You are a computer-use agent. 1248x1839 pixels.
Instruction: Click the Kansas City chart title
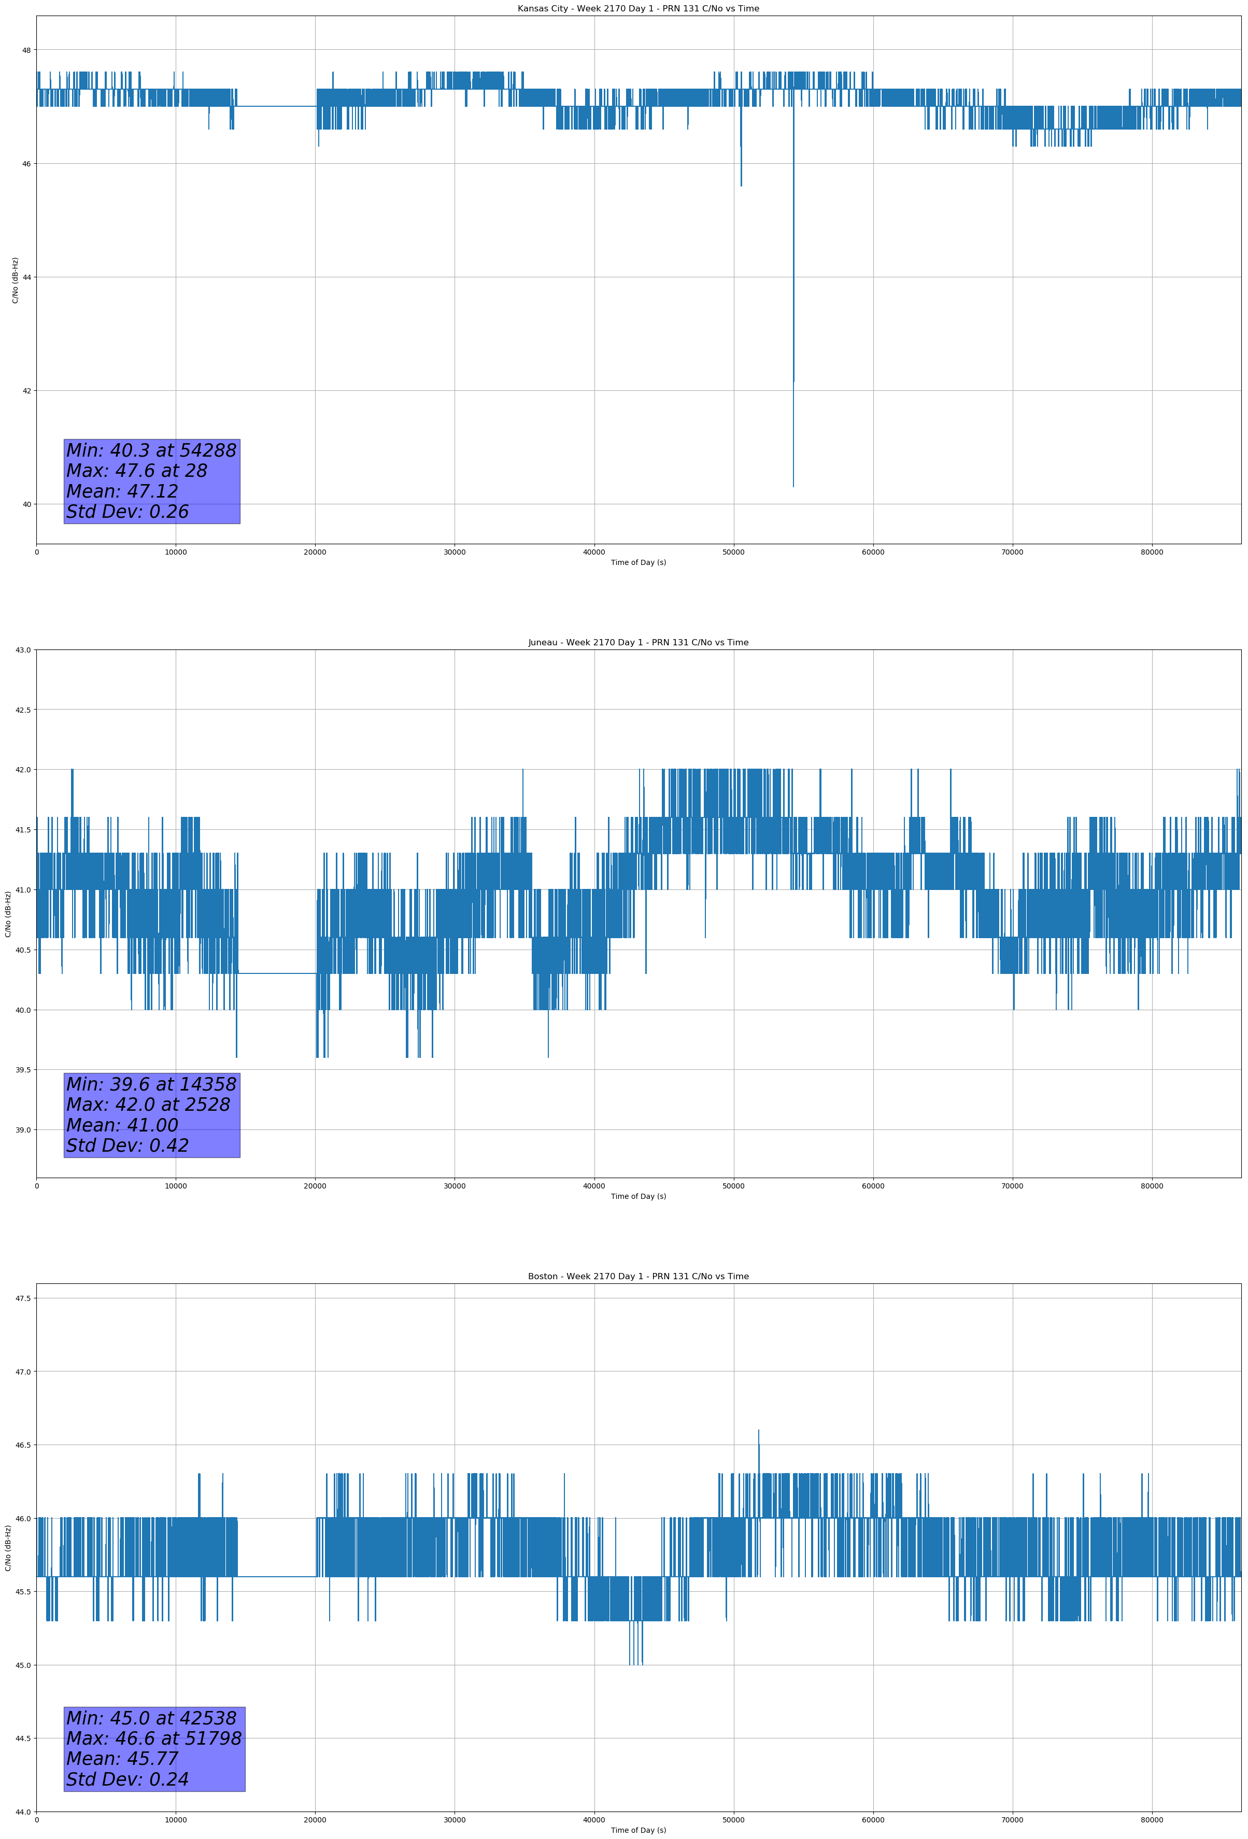tap(638, 9)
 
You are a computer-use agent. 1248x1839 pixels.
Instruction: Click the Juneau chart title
tap(638, 643)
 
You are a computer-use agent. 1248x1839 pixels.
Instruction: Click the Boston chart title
tap(638, 1277)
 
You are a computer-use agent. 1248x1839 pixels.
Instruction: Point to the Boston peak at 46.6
tap(758, 1431)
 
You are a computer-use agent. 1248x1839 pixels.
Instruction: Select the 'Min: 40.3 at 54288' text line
tap(151, 450)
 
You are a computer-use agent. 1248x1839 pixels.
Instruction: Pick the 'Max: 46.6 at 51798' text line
tap(153, 1738)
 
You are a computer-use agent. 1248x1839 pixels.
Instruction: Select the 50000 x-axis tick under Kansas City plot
tap(733, 553)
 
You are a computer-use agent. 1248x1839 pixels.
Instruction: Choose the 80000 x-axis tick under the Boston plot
tap(1152, 1820)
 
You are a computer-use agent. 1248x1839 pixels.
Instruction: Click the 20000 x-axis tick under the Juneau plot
tap(315, 1186)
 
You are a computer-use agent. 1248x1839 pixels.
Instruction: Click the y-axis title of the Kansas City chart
tap(15, 280)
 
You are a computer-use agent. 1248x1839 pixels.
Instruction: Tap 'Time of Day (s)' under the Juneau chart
tap(638, 1196)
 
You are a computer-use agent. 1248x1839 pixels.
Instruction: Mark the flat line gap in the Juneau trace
tap(277, 973)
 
